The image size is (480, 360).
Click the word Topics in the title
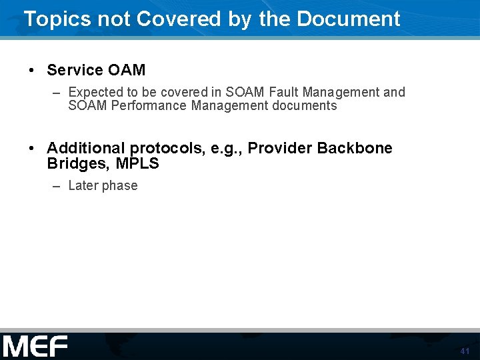tap(57, 19)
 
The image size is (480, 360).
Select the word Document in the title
tap(348, 19)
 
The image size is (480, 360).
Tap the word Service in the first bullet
tap(75, 70)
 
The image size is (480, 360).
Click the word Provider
tap(279, 148)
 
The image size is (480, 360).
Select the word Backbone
tap(355, 148)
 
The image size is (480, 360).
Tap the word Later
tap(83, 185)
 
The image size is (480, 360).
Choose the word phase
tap(120, 186)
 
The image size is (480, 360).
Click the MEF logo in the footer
tap(35, 347)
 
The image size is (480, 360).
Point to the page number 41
tap(465, 351)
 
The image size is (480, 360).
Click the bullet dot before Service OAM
tap(31, 71)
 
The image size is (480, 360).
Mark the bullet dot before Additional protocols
tap(31, 149)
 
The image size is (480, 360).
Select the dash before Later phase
tap(57, 186)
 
